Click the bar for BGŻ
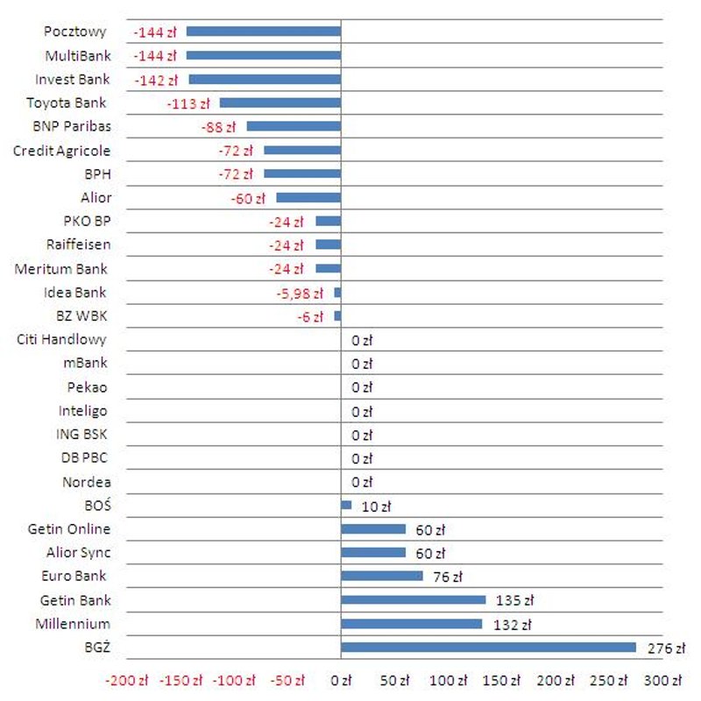point(488,648)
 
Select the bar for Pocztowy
point(263,32)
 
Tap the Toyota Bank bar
point(280,103)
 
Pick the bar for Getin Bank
point(413,600)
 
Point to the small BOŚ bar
point(346,506)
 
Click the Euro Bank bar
point(381,577)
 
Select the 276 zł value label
point(665,648)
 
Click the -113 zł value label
point(188,103)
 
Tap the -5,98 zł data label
point(300,294)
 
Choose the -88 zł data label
point(218,127)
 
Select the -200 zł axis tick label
point(127,681)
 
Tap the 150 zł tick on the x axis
point(502,681)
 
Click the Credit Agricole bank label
point(61,151)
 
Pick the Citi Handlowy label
point(61,339)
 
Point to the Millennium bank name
point(73,624)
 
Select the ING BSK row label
point(82,434)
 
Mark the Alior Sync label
point(78,553)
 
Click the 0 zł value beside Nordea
point(362,482)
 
